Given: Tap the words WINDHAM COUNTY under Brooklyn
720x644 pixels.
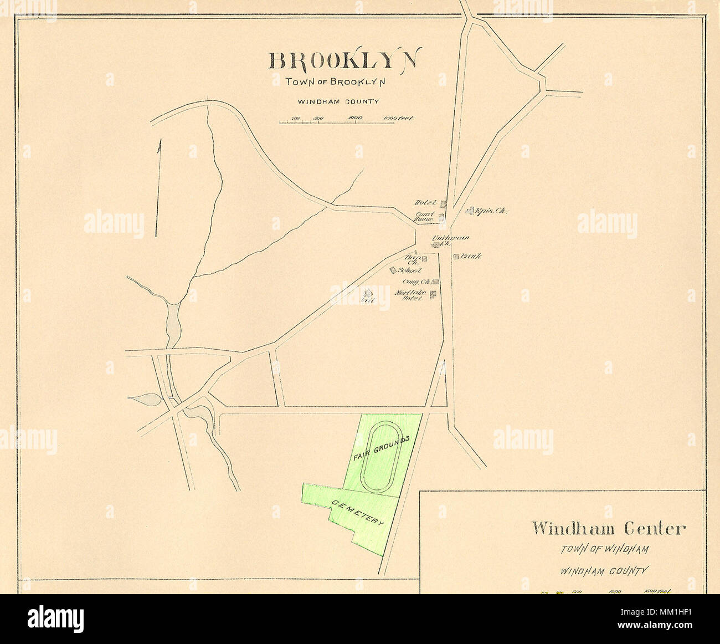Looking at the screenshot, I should (338, 101).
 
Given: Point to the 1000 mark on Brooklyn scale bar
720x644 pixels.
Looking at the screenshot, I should (355, 118).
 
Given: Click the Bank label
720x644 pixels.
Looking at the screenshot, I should (470, 257).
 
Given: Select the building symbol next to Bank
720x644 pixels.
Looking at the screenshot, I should (456, 257).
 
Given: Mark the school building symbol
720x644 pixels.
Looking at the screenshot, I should (393, 270).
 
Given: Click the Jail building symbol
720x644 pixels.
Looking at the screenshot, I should (368, 293).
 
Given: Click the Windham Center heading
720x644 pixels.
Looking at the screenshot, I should (608, 528).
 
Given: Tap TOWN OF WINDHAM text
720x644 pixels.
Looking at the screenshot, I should (603, 549).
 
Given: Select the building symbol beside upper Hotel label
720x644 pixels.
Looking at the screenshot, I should (443, 204).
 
